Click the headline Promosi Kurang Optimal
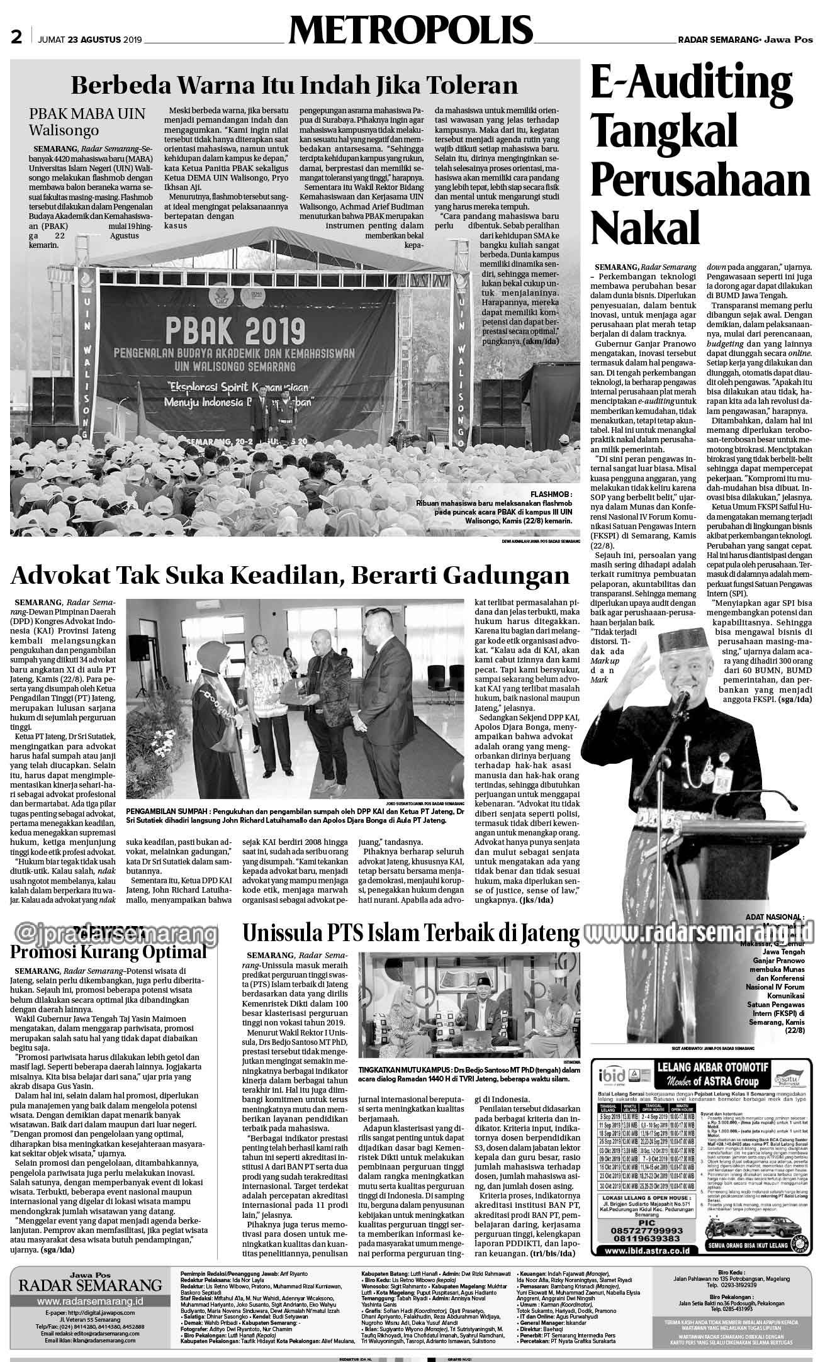108,951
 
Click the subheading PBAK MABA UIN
87,114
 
